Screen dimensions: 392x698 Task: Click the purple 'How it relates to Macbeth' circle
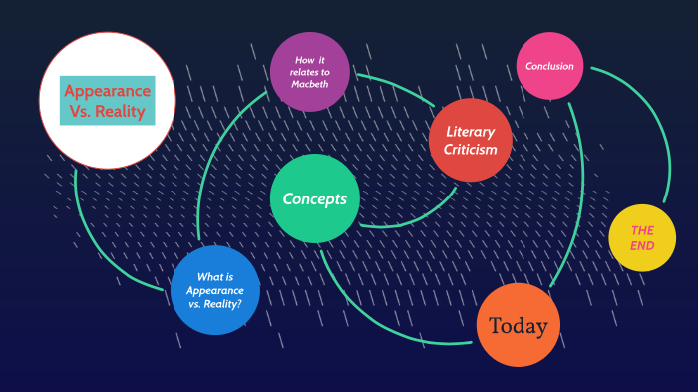tap(309, 72)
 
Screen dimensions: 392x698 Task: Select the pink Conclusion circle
tap(549, 67)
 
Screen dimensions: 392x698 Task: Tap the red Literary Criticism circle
tap(470, 140)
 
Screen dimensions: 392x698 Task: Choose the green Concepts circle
tap(314, 198)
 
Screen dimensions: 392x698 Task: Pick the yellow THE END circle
tap(642, 238)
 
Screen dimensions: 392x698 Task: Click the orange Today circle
tap(518, 326)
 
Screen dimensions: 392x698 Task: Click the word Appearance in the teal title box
tap(107, 90)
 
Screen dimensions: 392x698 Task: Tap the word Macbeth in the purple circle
tap(309, 84)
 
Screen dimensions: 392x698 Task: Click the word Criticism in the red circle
tap(470, 150)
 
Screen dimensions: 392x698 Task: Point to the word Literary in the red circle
tap(470, 131)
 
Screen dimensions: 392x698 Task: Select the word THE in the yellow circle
tap(642, 229)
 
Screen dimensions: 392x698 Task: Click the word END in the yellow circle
tap(642, 247)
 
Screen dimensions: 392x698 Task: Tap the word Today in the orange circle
tap(518, 326)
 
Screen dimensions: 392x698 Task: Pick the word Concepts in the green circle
tap(314, 198)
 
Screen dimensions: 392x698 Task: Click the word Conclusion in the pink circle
tap(549, 67)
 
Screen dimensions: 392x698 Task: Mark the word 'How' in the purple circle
tap(301, 60)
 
